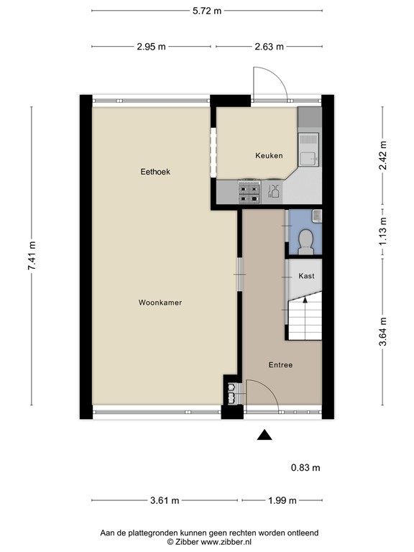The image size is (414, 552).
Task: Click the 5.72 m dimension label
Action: click(207, 11)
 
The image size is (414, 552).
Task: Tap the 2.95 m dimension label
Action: click(152, 47)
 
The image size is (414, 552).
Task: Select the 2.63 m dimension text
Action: click(270, 47)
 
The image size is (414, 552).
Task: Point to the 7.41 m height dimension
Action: click(32, 257)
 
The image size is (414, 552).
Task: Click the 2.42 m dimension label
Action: click(382, 152)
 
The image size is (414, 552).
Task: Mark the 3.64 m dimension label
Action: click(382, 333)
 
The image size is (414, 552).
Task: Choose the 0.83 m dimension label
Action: click(305, 468)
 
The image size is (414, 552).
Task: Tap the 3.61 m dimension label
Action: click(165, 500)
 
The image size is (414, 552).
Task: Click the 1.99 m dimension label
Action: click(282, 500)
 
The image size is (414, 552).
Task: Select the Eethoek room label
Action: click(155, 172)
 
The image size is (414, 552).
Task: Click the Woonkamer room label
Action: click(160, 303)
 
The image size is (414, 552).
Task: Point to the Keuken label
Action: click(269, 155)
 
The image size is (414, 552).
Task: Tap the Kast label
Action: click(306, 275)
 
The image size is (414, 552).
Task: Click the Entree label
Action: click(280, 364)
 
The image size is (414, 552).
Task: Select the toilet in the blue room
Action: click(305, 240)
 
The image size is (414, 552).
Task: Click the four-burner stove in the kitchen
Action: click(249, 190)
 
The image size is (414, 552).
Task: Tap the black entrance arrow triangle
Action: click(265, 434)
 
